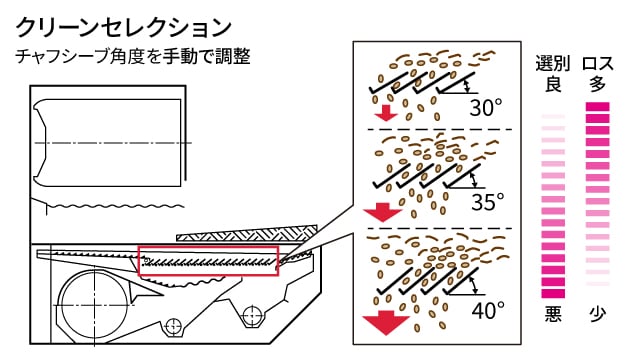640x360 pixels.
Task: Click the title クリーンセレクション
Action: click(123, 28)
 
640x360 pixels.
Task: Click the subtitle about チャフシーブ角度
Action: click(133, 56)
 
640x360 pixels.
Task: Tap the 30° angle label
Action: click(485, 108)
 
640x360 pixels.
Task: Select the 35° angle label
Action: click(487, 202)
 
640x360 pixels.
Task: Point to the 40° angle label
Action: click(488, 310)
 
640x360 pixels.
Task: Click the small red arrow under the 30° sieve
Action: click(386, 113)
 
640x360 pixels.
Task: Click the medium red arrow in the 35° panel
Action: click(382, 212)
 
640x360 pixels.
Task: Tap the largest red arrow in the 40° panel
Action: click(386, 322)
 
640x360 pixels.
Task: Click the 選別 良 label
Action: click(553, 74)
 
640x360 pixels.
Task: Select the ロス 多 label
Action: click(598, 74)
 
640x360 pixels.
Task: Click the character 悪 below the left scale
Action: click(553, 314)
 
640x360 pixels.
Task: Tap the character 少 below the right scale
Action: click(598, 314)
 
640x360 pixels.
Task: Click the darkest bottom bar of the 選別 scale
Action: click(553, 293)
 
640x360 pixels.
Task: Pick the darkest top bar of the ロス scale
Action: click(598, 107)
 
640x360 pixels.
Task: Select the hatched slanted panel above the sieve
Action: click(247, 232)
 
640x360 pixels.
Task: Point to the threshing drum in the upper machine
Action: click(107, 143)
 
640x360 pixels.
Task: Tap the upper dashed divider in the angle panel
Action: click(440, 129)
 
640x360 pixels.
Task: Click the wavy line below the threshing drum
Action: click(116, 206)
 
